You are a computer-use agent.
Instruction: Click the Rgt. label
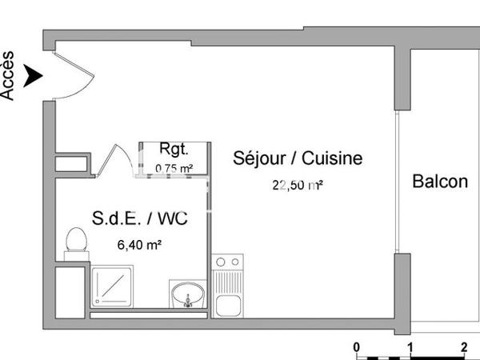coord(174,149)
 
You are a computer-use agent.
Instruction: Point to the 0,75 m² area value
coord(174,168)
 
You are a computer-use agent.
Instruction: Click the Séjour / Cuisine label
coord(298,158)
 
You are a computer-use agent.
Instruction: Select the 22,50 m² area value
coord(298,186)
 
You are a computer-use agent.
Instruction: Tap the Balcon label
coord(440,182)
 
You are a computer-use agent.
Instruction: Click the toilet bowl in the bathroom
coord(76,241)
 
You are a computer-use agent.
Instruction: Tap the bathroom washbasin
coord(188,294)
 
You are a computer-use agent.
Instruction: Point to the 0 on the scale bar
coord(358,346)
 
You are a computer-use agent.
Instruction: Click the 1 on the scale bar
coord(410,346)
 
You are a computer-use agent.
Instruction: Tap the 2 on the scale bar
coord(464,346)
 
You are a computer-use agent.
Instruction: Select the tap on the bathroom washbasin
coord(189,302)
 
